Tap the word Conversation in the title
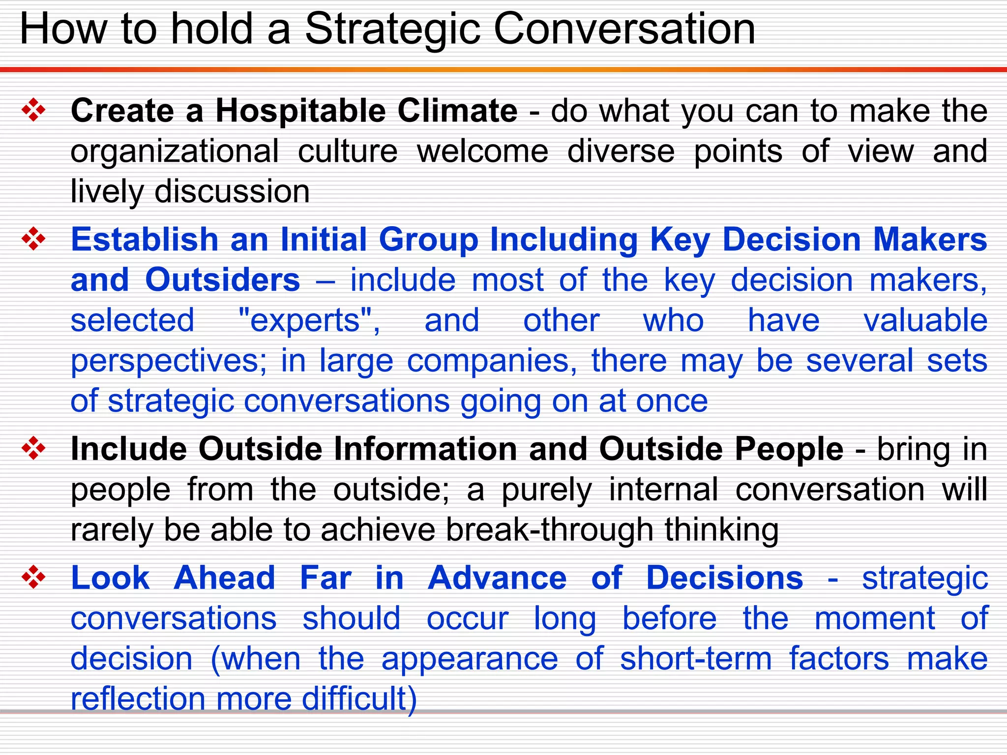pos(624,29)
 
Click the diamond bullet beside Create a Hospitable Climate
pos(33,110)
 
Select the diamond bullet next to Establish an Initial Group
pos(33,239)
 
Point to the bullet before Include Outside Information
pos(33,449)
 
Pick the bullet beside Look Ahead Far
pos(33,577)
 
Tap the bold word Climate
pos(457,111)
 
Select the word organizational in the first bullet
pos(175,151)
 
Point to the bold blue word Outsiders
pos(222,280)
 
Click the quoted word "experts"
pos(309,320)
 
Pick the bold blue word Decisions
pos(724,578)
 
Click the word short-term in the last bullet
pos(695,659)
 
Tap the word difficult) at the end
pos(359,699)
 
